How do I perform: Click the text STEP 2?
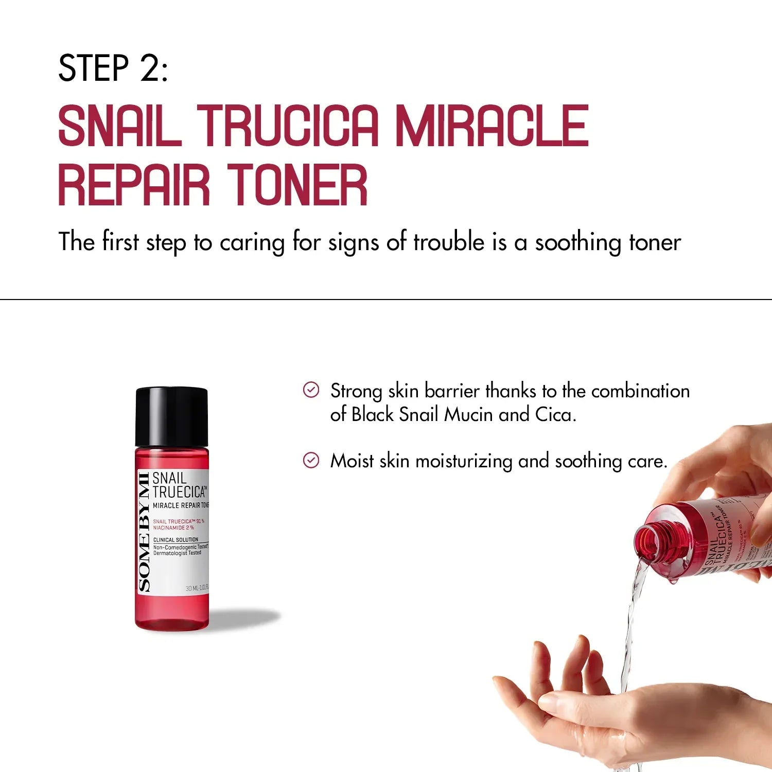click(x=113, y=68)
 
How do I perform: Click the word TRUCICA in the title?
click(x=288, y=125)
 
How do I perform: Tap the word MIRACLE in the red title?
click(x=492, y=125)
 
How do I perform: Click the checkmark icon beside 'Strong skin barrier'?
click(x=311, y=390)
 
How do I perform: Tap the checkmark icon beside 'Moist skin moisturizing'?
click(x=311, y=460)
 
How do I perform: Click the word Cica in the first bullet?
click(x=555, y=414)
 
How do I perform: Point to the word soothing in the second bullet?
click(x=588, y=461)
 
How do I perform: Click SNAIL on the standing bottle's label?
click(x=169, y=478)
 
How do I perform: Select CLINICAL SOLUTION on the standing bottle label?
click(x=176, y=540)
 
